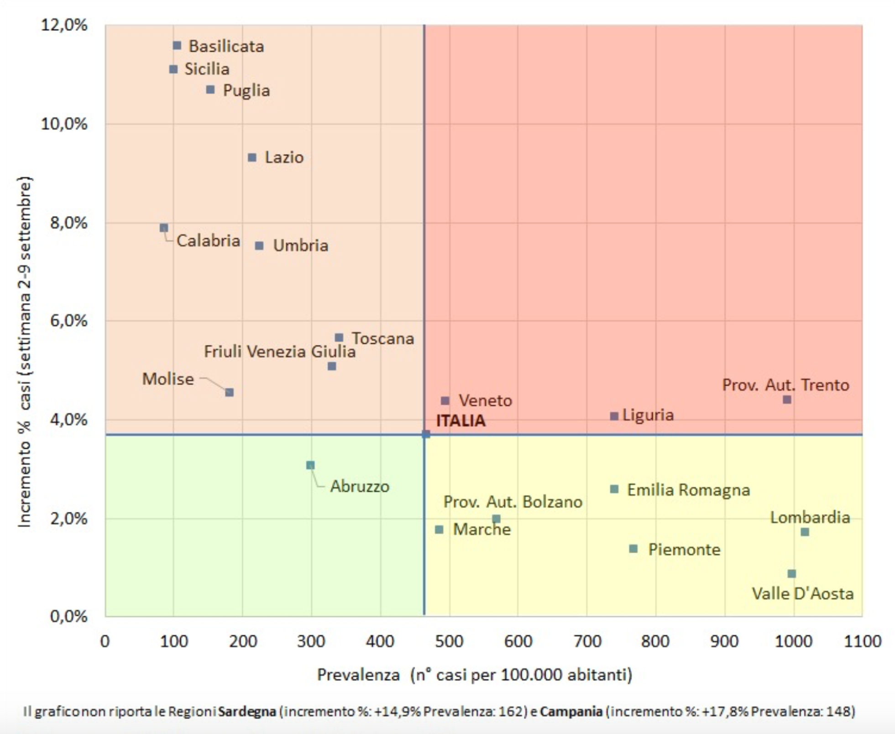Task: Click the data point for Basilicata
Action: (177, 46)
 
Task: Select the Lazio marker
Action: (252, 157)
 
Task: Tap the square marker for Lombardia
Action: (805, 532)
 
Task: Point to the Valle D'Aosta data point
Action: (791, 574)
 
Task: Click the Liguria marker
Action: (614, 416)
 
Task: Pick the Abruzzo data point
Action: (310, 465)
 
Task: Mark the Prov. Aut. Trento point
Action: (787, 400)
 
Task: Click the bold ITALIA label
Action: (461, 420)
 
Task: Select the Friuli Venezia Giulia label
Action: (279, 351)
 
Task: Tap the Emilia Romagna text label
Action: (688, 490)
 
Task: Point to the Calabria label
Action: (208, 241)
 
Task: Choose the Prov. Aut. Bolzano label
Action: (513, 502)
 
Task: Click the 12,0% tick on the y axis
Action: (64, 25)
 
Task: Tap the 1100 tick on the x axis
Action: (862, 641)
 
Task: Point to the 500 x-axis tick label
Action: (449, 641)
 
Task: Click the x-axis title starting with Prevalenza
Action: (475, 674)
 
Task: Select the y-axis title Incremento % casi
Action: (25, 351)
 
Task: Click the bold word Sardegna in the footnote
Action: (247, 711)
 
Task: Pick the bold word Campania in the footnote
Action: (571, 711)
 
